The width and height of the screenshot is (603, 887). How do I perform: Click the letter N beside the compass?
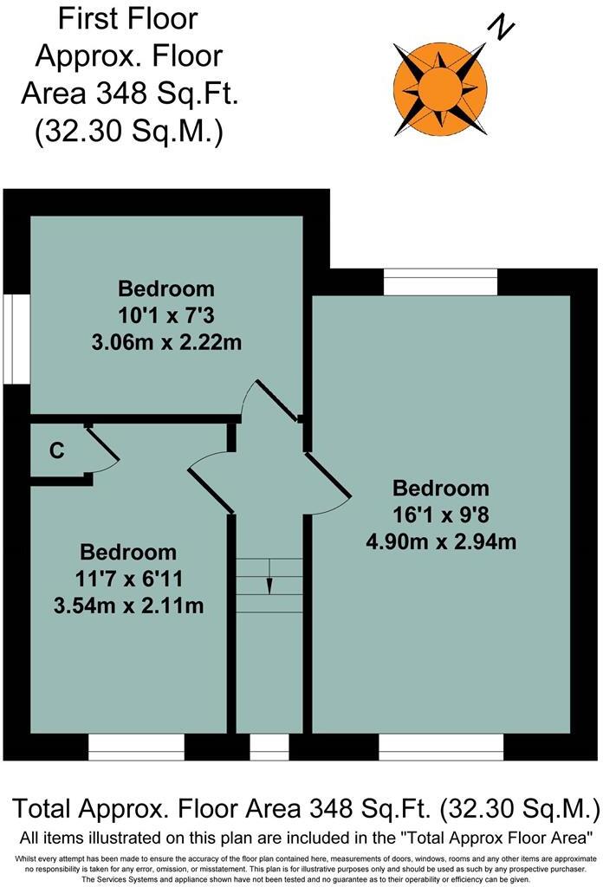coord(500,29)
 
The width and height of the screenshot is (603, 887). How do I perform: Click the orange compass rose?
coord(438,83)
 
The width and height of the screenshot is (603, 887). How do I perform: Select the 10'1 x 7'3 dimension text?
coord(165,315)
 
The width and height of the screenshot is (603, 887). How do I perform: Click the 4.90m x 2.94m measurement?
coord(441,543)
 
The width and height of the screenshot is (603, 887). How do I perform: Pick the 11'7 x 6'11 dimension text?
coord(128,579)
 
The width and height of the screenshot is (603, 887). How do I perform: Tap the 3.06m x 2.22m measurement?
coord(165,342)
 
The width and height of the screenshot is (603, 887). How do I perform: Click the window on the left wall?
coord(15,339)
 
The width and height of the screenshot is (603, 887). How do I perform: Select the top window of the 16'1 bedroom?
coord(440,282)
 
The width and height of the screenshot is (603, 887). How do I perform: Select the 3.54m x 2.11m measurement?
coord(128,605)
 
